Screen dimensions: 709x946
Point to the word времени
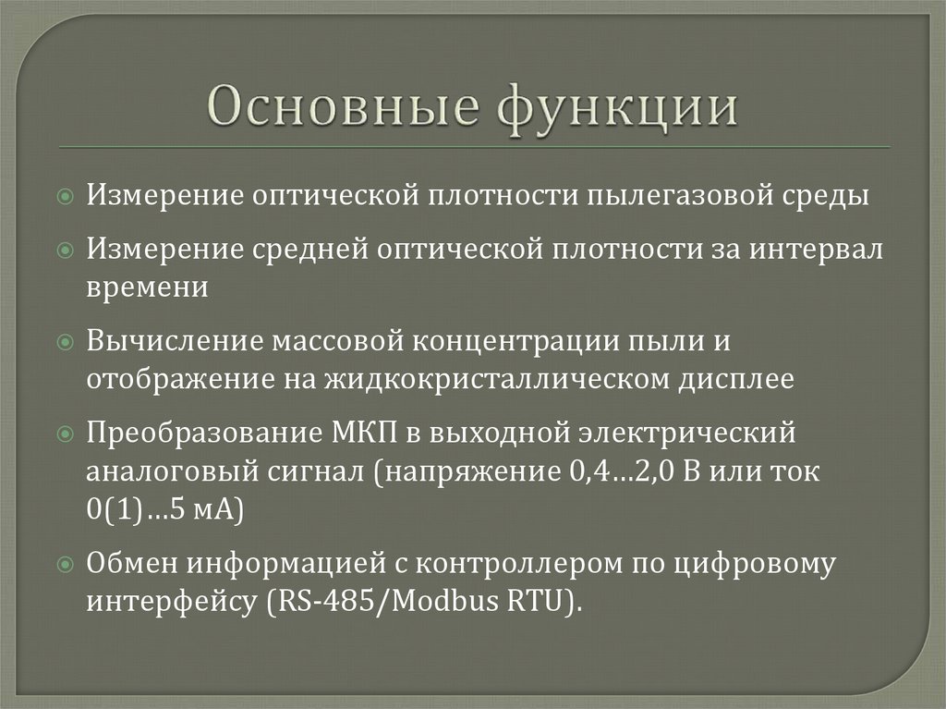[148, 287]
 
